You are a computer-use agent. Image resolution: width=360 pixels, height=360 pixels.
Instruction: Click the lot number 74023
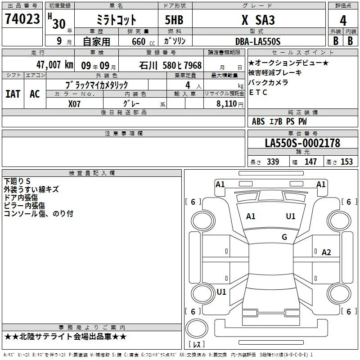pyautogui.click(x=22, y=19)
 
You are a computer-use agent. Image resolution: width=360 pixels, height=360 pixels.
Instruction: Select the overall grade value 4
pyautogui.click(x=343, y=21)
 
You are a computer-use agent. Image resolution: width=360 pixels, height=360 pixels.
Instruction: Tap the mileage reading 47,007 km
pyautogui.click(x=55, y=65)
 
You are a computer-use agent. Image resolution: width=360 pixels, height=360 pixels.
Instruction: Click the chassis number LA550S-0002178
pyautogui.click(x=302, y=143)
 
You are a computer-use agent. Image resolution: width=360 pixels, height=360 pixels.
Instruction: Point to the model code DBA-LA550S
pyautogui.click(x=258, y=41)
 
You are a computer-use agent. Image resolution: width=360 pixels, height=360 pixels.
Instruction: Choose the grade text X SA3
pyautogui.click(x=258, y=20)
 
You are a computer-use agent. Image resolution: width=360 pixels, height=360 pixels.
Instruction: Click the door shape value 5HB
pyautogui.click(x=174, y=20)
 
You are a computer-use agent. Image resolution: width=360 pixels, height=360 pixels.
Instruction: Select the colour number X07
pyautogui.click(x=74, y=104)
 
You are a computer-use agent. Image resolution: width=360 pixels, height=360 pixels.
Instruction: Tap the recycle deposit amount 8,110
pyautogui.click(x=227, y=104)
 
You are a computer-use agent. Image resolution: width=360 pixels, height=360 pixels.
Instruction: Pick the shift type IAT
pyautogui.click(x=13, y=94)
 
